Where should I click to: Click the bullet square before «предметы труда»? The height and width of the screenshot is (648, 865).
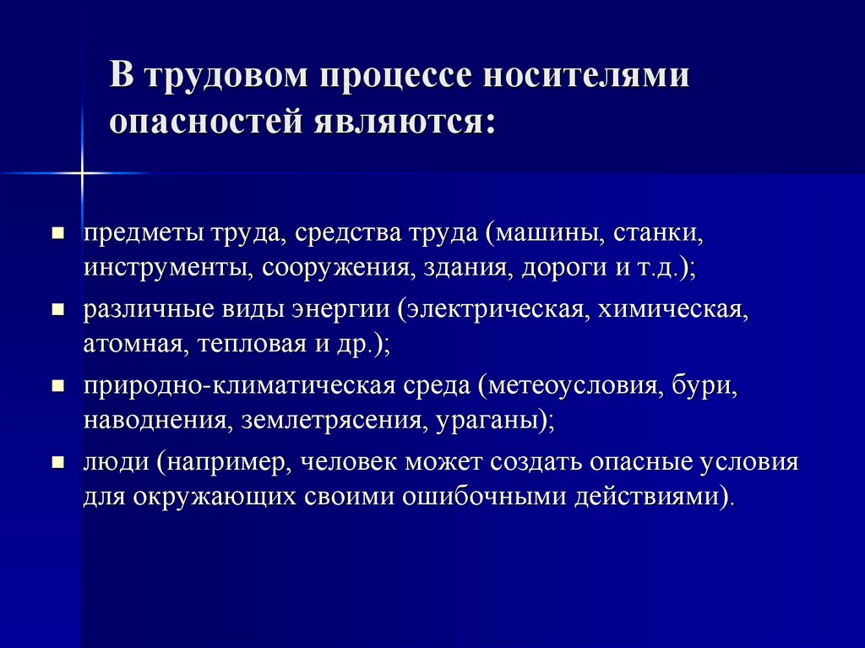pyautogui.click(x=58, y=231)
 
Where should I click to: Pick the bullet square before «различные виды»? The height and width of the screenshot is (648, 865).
pyautogui.click(x=58, y=309)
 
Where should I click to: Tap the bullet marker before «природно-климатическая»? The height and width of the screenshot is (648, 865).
pyautogui.click(x=58, y=385)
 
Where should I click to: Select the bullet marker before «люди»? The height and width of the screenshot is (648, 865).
pyautogui.click(x=58, y=462)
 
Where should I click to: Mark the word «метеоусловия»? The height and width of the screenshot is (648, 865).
pyautogui.click(x=572, y=386)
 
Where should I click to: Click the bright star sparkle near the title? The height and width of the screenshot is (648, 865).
pyautogui.click(x=82, y=173)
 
